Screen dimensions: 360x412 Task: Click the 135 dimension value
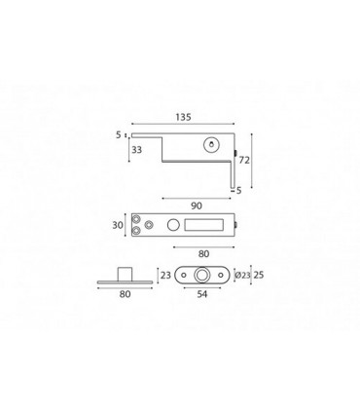pyautogui.click(x=184, y=117)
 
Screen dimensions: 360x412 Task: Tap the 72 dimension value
pyautogui.click(x=244, y=160)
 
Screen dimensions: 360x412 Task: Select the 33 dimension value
pyautogui.click(x=137, y=150)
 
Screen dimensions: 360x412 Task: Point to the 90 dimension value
pyautogui.click(x=197, y=206)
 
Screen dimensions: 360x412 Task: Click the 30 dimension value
pyautogui.click(x=118, y=225)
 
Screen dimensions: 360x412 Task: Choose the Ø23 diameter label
pyautogui.click(x=242, y=276)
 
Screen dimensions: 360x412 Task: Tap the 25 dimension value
pyautogui.click(x=259, y=275)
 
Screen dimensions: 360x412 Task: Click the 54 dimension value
pyautogui.click(x=202, y=294)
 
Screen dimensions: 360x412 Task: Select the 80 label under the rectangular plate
pyautogui.click(x=203, y=254)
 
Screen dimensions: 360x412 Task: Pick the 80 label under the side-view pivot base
pyautogui.click(x=125, y=294)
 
